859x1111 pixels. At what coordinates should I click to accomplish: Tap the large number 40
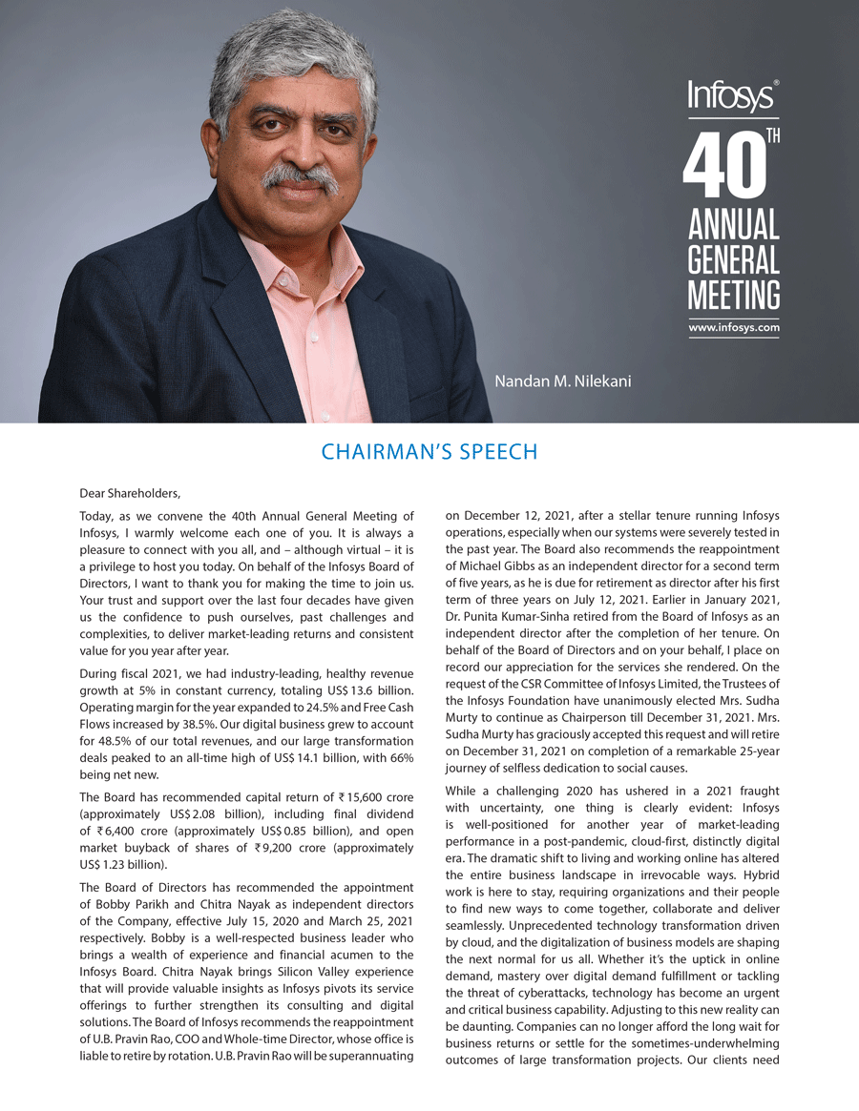click(724, 169)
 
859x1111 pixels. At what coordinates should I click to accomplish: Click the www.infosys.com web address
click(733, 328)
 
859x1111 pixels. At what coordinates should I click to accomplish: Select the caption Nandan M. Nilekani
click(563, 381)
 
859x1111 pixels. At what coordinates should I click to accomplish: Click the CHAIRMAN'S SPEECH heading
click(429, 452)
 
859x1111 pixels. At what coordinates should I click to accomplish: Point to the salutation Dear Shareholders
click(130, 494)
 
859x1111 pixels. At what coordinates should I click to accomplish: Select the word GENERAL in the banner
click(733, 260)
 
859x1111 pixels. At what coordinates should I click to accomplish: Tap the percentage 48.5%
click(123, 742)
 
